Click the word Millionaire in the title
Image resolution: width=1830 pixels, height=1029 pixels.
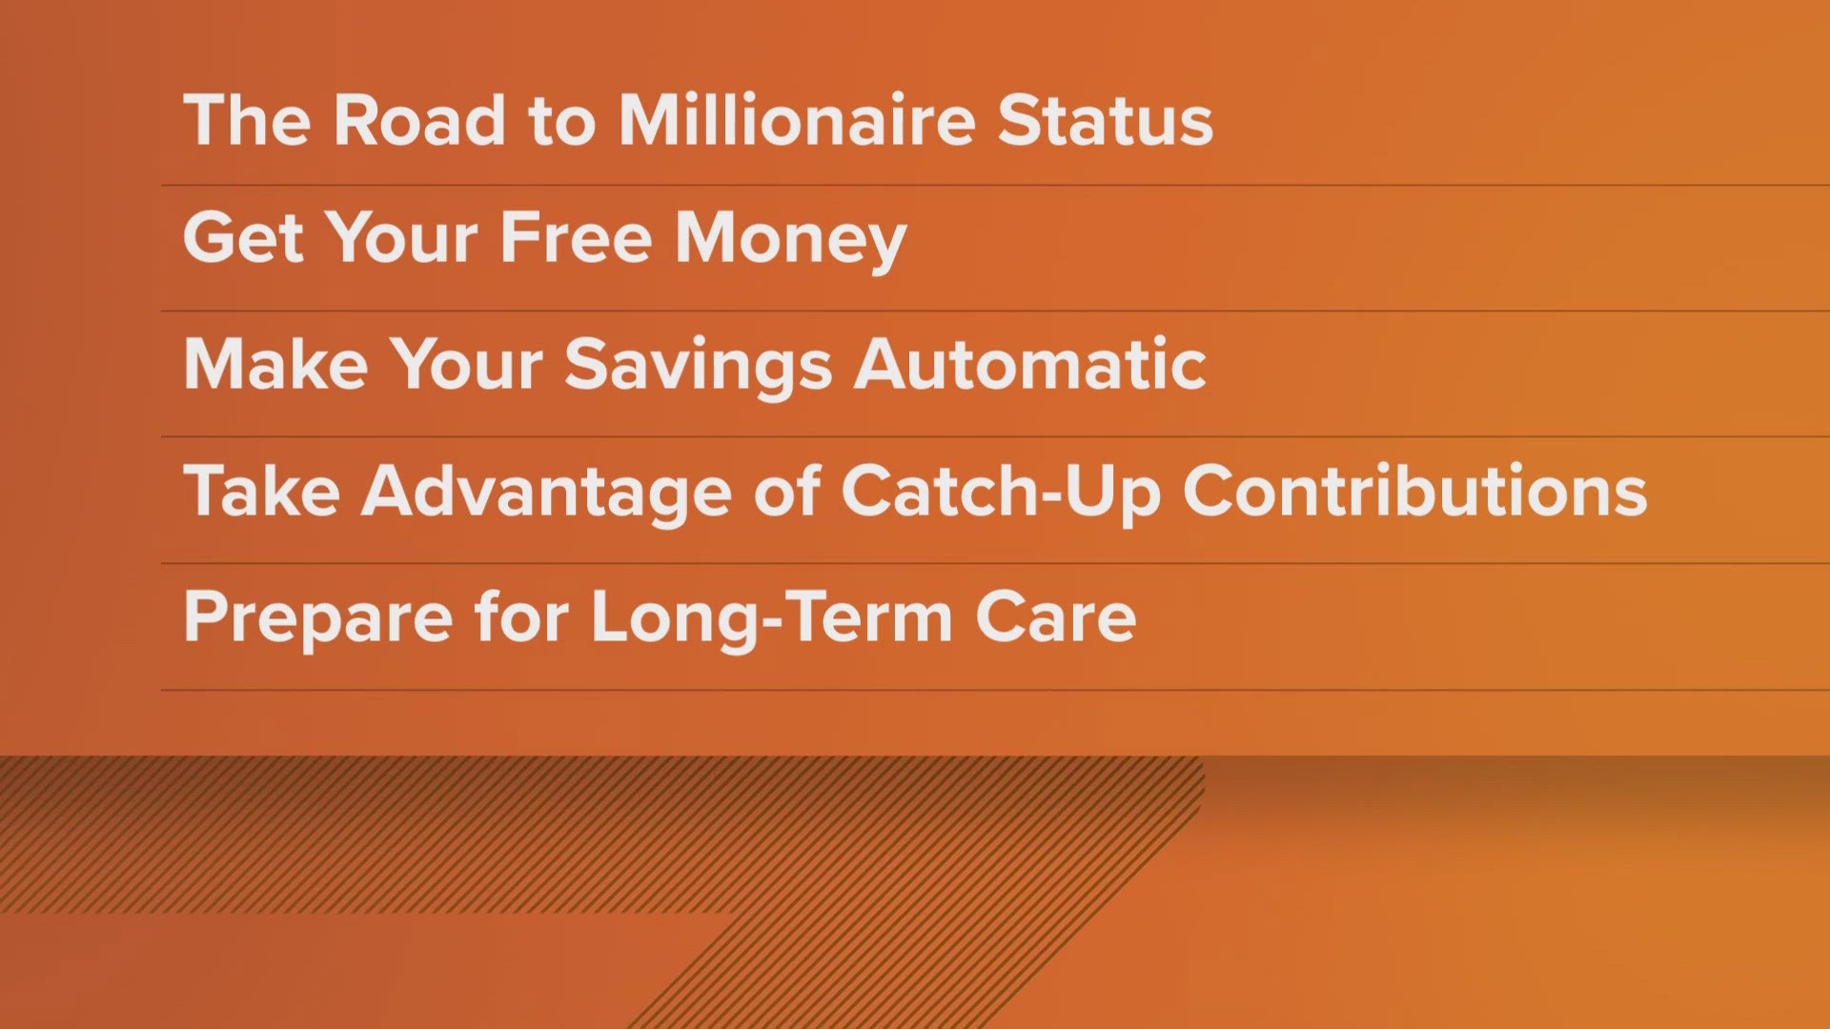pyautogui.click(x=796, y=121)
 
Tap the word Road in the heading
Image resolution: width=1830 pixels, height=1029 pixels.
pyautogui.click(x=418, y=121)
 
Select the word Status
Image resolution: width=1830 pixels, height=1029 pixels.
pyautogui.click(x=1105, y=121)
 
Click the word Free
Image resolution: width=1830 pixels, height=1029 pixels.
pyautogui.click(x=576, y=237)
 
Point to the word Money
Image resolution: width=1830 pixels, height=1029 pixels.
pyautogui.click(x=790, y=239)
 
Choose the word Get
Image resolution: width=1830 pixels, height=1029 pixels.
pyautogui.click(x=243, y=237)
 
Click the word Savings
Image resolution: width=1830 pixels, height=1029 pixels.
pyautogui.click(x=699, y=366)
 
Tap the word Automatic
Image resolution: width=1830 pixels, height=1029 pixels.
pyautogui.click(x=1029, y=364)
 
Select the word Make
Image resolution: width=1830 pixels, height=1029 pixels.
pyautogui.click(x=275, y=364)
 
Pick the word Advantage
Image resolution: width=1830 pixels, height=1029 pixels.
pyautogui.click(x=546, y=492)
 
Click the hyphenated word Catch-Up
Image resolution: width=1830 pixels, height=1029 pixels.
pyautogui.click(x=1001, y=492)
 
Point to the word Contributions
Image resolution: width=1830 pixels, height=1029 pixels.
pyautogui.click(x=1414, y=492)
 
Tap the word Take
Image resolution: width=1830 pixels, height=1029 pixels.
pyautogui.click(x=261, y=492)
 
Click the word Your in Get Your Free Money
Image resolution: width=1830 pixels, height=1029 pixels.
pyautogui.click(x=401, y=237)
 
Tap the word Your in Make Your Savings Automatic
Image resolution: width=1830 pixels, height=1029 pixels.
pyautogui.click(x=466, y=364)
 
